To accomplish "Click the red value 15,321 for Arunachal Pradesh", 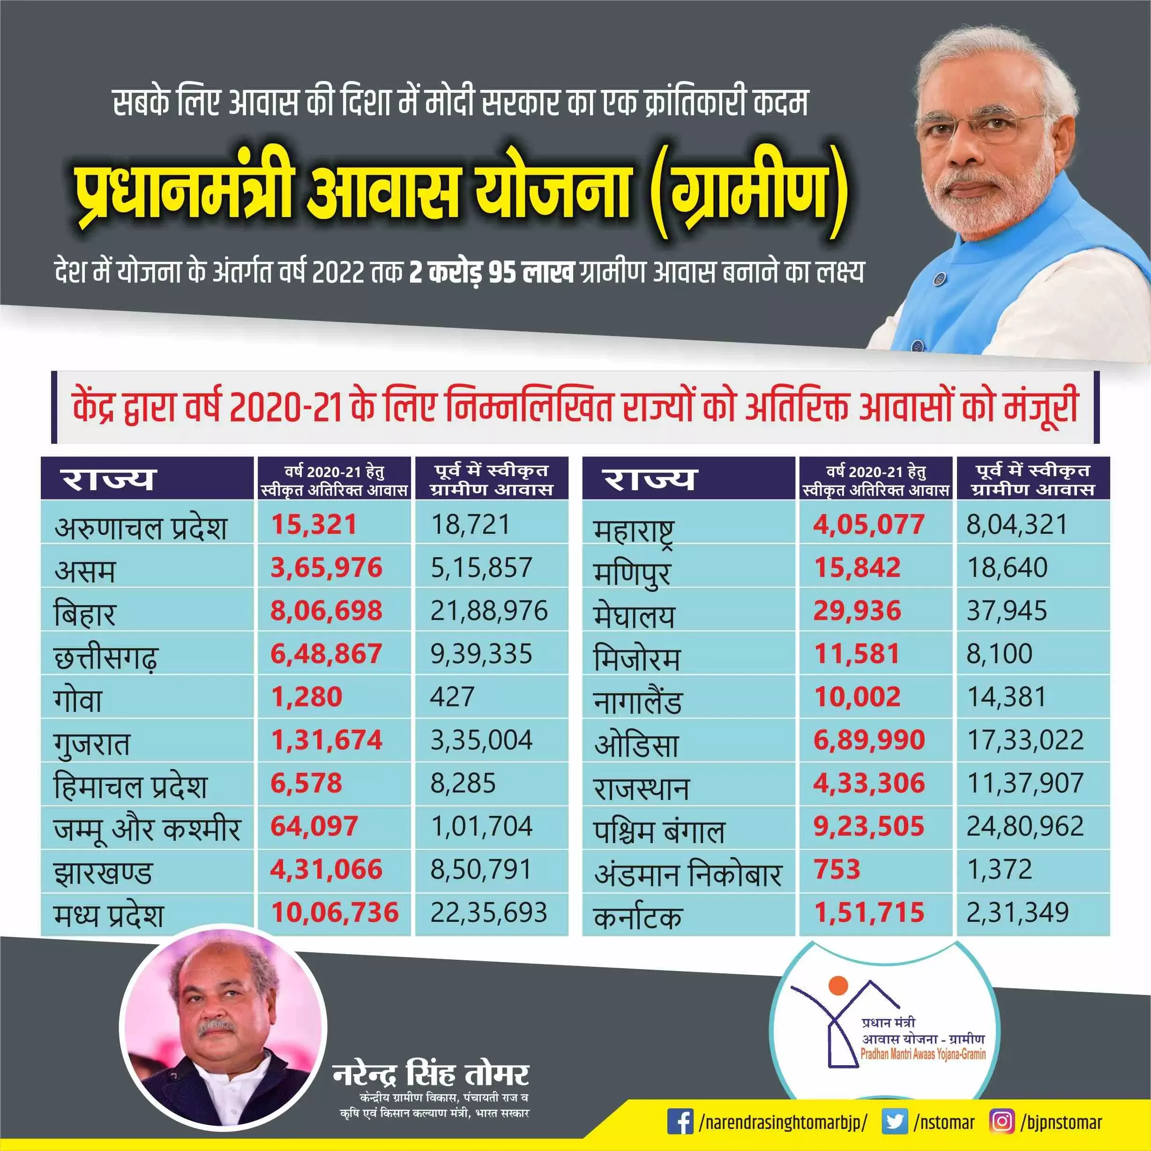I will (x=314, y=525).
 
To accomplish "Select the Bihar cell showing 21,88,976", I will (x=488, y=611).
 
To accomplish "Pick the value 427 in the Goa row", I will (x=452, y=697).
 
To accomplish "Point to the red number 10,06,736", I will (x=335, y=913).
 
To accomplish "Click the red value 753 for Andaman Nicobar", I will (x=837, y=869).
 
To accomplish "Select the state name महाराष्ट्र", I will (x=634, y=530).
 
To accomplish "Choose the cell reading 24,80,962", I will (x=1025, y=826).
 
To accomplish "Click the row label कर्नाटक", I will (x=637, y=918).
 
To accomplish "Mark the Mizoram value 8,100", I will (x=999, y=654).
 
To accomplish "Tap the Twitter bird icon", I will (x=894, y=1122).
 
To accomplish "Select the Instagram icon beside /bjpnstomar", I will (x=1002, y=1122).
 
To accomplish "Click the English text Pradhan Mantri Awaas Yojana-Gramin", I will (x=923, y=1054).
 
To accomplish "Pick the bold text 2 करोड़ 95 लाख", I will (x=492, y=273).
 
